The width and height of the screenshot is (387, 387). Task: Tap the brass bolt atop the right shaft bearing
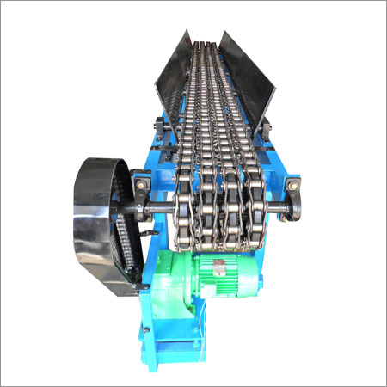tap(293, 185)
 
